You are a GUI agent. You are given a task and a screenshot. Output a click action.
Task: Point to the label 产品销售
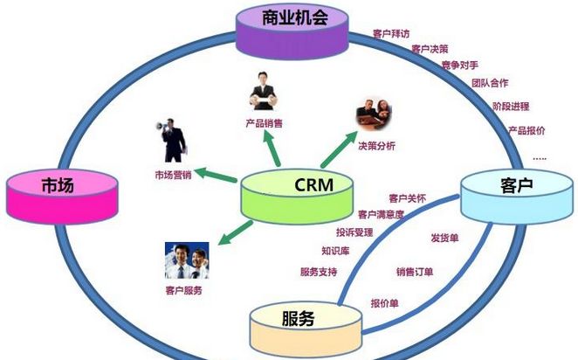pos(263,123)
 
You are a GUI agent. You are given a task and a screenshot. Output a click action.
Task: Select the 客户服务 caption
pos(183,290)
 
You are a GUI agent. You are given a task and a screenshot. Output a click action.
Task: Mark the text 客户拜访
pos(391,34)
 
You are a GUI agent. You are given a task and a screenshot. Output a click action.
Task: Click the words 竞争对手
pos(459,66)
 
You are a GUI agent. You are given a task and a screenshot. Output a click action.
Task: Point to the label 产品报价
pos(526,130)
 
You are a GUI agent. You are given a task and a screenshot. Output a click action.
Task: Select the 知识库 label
pos(336,251)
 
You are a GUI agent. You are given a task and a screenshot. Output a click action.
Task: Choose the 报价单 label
pos(384,303)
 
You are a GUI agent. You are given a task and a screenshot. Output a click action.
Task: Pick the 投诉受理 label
pos(354,232)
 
